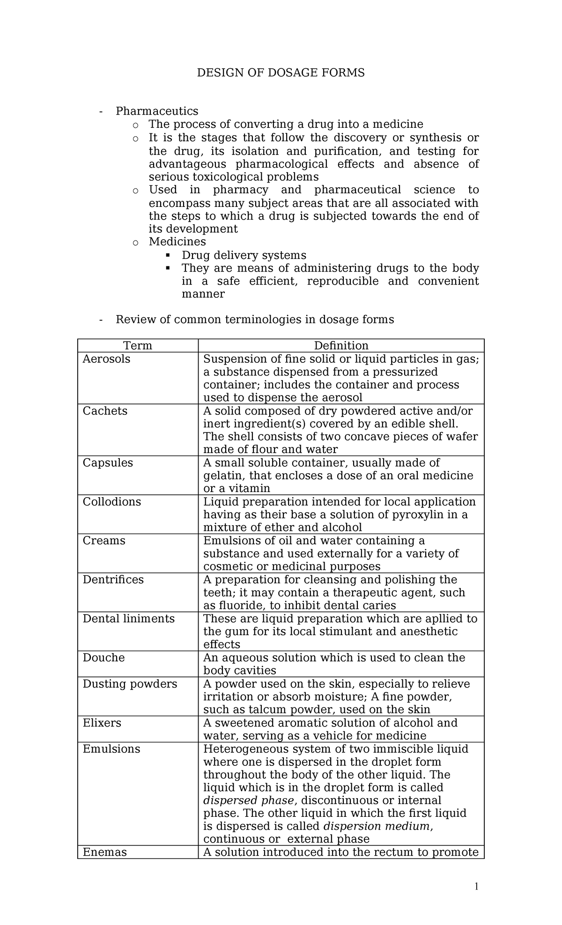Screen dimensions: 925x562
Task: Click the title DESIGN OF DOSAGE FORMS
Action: [280, 73]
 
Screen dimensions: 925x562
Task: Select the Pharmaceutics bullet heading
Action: [157, 111]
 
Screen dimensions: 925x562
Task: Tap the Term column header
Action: [137, 345]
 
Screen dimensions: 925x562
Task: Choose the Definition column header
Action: [341, 345]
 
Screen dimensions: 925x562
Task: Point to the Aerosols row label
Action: [106, 359]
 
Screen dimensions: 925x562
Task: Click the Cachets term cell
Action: [105, 411]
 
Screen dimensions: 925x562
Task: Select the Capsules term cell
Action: [108, 463]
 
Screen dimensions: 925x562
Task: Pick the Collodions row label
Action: [111, 502]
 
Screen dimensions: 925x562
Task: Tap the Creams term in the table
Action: [104, 541]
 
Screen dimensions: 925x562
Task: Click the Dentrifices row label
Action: [113, 580]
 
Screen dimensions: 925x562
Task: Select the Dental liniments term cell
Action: [128, 618]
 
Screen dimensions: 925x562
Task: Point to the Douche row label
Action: [104, 658]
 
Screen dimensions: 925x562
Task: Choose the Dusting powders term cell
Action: [130, 684]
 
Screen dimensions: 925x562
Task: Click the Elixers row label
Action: [102, 723]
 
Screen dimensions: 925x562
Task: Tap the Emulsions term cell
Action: [111, 749]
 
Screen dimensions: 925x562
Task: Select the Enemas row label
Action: [104, 852]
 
